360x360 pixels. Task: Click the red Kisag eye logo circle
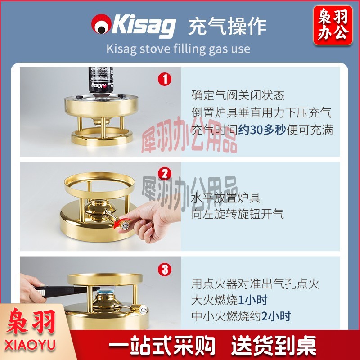coord(101,24)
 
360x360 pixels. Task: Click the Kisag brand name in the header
coord(144,26)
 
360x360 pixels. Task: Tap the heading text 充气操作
coord(227,27)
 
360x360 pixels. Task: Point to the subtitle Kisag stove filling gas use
coord(178,49)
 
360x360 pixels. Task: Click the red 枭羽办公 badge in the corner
coord(333,25)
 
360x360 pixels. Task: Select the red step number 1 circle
coord(165,79)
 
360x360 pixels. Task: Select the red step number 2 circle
coord(165,174)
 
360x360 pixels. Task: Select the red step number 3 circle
coord(165,269)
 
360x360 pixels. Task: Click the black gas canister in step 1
coord(101,81)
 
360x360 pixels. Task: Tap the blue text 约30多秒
coord(262,130)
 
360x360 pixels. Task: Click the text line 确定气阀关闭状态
coord(238,95)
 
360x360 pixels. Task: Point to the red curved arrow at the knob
coord(122,223)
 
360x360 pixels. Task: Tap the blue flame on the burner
coord(105,292)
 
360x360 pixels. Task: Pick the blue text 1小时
coord(253,300)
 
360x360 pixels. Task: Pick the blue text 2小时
coord(276,316)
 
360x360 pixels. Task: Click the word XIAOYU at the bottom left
coord(30,345)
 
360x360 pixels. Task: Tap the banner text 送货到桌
coord(274,345)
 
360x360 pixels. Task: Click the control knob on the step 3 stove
coord(139,309)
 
